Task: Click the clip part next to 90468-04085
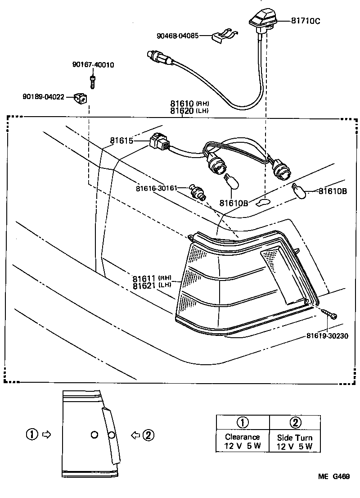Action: [223, 36]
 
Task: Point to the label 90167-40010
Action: [93, 65]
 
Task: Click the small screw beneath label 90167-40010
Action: [93, 81]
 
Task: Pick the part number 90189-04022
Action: [44, 96]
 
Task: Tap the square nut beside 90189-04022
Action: [81, 96]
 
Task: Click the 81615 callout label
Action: [121, 141]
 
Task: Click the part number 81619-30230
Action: [327, 335]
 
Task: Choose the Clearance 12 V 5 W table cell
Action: [242, 441]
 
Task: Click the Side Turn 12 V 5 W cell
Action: [295, 441]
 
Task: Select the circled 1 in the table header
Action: [242, 422]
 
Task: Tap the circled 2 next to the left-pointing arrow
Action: [148, 435]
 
